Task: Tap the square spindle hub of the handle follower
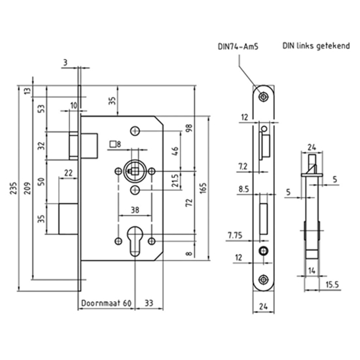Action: (134, 171)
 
